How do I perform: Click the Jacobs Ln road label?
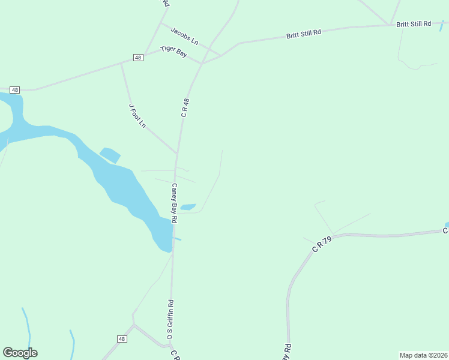[x=184, y=35]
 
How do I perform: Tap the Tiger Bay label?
[x=173, y=52]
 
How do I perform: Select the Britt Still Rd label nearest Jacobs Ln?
[x=304, y=34]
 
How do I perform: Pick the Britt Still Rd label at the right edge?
[x=414, y=24]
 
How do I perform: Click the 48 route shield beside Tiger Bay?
[x=138, y=58]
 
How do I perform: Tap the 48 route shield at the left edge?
[x=16, y=89]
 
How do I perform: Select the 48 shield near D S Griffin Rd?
[x=122, y=339]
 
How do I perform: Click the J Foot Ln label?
[x=137, y=115]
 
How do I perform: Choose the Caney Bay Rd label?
[x=174, y=203]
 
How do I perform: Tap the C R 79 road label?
[x=322, y=244]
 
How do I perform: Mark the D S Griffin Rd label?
[x=170, y=320]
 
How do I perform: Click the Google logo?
[x=20, y=353]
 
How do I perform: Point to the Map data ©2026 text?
[x=423, y=355]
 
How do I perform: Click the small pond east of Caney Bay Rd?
[x=188, y=207]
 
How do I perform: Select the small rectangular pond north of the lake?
[x=110, y=155]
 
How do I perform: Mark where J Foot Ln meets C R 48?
[x=176, y=153]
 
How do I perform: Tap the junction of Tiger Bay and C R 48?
[x=202, y=63]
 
